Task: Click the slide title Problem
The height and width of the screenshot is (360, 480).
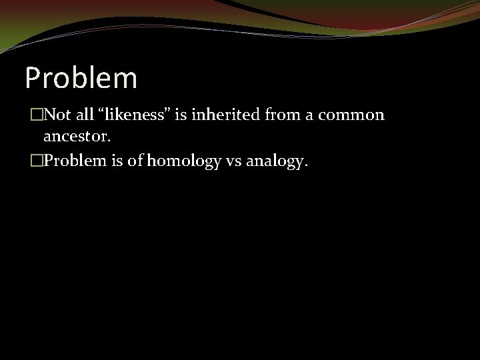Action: pyautogui.click(x=81, y=77)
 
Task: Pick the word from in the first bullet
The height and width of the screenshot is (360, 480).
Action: pyautogui.click(x=278, y=115)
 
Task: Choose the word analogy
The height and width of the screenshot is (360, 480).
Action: pyautogui.click(x=276, y=160)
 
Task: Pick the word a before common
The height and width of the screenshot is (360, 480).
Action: pyautogui.click(x=310, y=115)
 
